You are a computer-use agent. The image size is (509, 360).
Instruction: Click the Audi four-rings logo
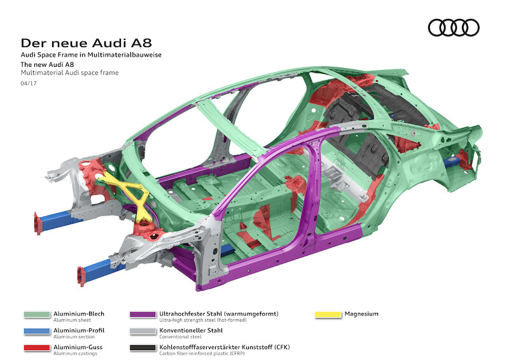tap(454, 27)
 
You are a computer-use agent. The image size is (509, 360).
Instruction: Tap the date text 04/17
tap(28, 83)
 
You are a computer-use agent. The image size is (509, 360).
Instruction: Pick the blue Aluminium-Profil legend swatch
tap(36, 331)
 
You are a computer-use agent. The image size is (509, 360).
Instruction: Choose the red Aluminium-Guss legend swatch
tap(36, 348)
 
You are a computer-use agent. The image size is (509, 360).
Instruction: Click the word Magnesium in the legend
tap(362, 314)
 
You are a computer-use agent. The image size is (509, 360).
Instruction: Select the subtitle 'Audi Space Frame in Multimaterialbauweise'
tap(91, 55)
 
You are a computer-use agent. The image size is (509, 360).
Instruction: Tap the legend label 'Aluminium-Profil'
tap(79, 330)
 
